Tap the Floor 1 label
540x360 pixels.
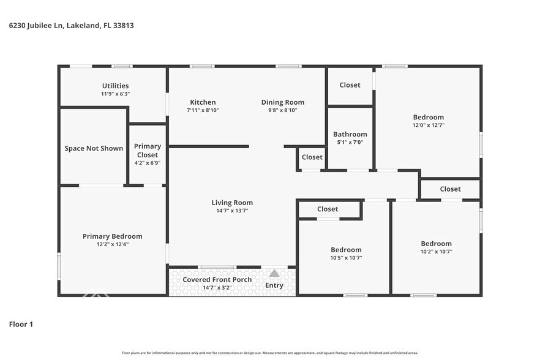pyautogui.click(x=21, y=324)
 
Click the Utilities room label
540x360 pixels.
pyautogui.click(x=115, y=86)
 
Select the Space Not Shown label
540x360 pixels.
pyautogui.click(x=94, y=148)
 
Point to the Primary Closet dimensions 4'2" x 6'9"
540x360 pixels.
pyautogui.click(x=147, y=163)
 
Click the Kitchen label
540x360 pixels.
pyautogui.click(x=203, y=102)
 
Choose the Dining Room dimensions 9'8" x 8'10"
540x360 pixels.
pyautogui.click(x=282, y=110)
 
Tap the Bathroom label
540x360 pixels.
pyautogui.click(x=350, y=134)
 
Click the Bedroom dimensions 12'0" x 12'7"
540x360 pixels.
pyautogui.click(x=428, y=125)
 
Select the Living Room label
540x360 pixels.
pyautogui.click(x=232, y=203)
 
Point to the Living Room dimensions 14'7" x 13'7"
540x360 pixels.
pyautogui.click(x=232, y=211)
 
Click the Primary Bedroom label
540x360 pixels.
pyautogui.click(x=112, y=236)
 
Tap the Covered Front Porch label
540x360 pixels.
pyautogui.click(x=217, y=280)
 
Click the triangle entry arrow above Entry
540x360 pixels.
pyautogui.click(x=274, y=274)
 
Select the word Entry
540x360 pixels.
pyautogui.click(x=274, y=285)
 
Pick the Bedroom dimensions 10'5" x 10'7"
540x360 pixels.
pyautogui.click(x=346, y=258)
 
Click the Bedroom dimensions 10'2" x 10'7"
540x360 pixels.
pyautogui.click(x=436, y=251)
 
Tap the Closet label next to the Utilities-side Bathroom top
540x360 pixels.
pyautogui.click(x=350, y=85)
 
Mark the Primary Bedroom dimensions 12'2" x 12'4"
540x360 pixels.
pyautogui.click(x=112, y=244)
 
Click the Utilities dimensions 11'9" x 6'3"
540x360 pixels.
pyautogui.click(x=115, y=94)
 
